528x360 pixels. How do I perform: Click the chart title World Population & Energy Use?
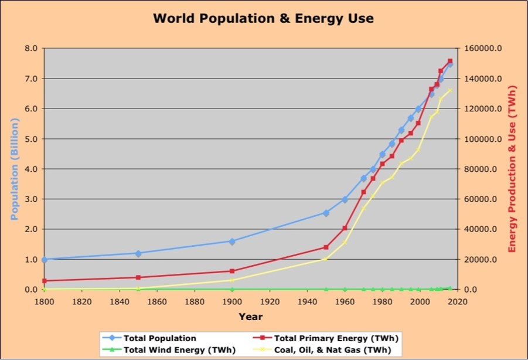pos(263,19)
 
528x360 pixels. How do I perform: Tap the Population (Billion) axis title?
pos(15,169)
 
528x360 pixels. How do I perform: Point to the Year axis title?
pos(250,317)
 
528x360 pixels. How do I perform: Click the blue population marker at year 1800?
pos(45,259)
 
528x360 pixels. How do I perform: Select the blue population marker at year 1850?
pos(138,253)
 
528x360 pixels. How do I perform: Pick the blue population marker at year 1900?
pos(232,241)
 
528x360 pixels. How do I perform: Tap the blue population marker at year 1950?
pos(326,213)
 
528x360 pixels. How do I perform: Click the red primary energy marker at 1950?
pos(326,247)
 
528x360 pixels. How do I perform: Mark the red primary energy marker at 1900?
pos(232,271)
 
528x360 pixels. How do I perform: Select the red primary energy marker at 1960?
pos(345,228)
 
